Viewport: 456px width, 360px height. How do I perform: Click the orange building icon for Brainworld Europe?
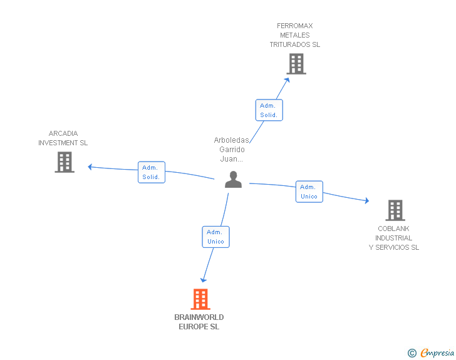(x=200, y=299)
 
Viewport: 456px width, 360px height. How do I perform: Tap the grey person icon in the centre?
(x=233, y=180)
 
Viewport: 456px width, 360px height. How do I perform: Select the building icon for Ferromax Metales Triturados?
(x=296, y=64)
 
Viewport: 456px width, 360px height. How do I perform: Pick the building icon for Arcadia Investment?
(x=65, y=162)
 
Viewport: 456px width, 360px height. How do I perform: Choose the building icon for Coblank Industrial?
(x=395, y=210)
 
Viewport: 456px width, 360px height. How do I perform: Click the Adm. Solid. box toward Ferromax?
(x=269, y=110)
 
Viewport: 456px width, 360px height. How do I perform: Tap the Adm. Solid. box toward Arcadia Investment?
(x=152, y=172)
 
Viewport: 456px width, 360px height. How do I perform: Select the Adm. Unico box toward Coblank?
(x=309, y=192)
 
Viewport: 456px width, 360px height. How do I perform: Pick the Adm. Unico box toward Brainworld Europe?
(x=215, y=237)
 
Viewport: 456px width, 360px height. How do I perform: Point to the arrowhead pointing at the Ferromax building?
(x=287, y=80)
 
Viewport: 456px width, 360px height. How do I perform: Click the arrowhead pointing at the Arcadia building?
(x=90, y=167)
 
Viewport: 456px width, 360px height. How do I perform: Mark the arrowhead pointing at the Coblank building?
(x=367, y=200)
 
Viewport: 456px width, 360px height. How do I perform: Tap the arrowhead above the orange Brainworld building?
(x=204, y=280)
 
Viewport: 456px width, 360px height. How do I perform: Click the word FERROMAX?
(x=294, y=26)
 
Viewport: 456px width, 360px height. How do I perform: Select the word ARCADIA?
(x=63, y=133)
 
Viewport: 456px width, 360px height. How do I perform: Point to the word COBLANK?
(x=393, y=229)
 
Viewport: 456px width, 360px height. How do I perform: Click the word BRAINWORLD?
(x=199, y=317)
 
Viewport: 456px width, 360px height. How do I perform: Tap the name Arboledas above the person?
(x=232, y=140)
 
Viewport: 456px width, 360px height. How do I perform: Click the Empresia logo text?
(x=437, y=352)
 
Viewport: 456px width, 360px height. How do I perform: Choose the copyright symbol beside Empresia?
(x=412, y=353)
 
